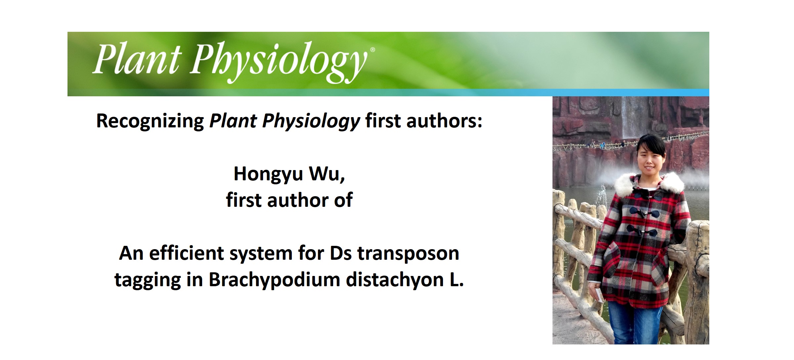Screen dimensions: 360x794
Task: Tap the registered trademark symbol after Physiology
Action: point(373,50)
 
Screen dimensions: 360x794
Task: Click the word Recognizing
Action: point(150,121)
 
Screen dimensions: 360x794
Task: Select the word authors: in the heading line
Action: point(444,121)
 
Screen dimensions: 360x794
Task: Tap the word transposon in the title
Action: point(408,253)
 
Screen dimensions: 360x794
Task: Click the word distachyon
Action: point(395,280)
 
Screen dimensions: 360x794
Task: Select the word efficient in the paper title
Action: point(187,253)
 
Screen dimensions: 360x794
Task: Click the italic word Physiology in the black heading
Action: point(311,121)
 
